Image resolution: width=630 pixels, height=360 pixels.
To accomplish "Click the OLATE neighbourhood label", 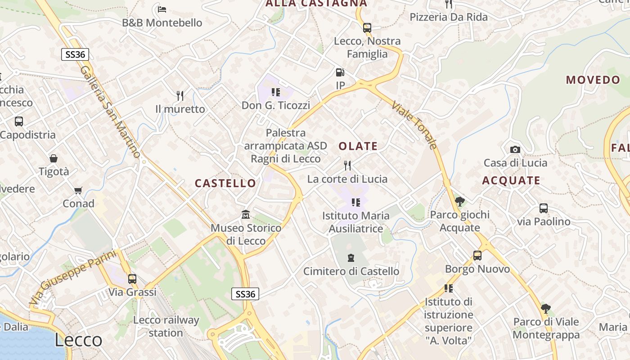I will (358, 146).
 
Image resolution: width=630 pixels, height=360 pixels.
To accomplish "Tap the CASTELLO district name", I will (225, 183).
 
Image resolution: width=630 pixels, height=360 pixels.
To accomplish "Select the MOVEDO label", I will (593, 80).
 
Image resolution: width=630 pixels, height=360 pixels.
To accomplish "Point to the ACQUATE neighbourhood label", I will (511, 180).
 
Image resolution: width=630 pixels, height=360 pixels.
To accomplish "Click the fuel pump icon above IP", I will (340, 72).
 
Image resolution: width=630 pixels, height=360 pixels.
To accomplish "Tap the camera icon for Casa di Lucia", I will (515, 149).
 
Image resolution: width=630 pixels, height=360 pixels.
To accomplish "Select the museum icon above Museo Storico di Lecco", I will (246, 214).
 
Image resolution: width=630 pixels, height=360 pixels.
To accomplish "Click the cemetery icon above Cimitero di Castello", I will (351, 258).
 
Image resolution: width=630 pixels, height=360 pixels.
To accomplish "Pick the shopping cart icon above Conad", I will (78, 190).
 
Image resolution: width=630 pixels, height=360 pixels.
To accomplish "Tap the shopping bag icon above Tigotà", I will (54, 158).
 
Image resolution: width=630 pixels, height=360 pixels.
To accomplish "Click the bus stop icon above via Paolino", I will (544, 208).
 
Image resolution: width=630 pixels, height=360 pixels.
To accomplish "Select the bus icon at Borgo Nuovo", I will (477, 256).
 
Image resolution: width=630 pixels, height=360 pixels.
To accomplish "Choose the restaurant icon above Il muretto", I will (180, 95).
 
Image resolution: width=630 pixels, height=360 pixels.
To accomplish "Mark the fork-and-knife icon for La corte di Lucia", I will (347, 166).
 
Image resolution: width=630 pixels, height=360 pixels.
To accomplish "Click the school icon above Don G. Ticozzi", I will (276, 92).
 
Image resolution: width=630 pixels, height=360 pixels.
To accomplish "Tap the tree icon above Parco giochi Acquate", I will (459, 201).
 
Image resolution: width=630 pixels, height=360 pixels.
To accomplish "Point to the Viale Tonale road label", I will (414, 125).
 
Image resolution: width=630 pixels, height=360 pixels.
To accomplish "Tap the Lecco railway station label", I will (166, 327).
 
